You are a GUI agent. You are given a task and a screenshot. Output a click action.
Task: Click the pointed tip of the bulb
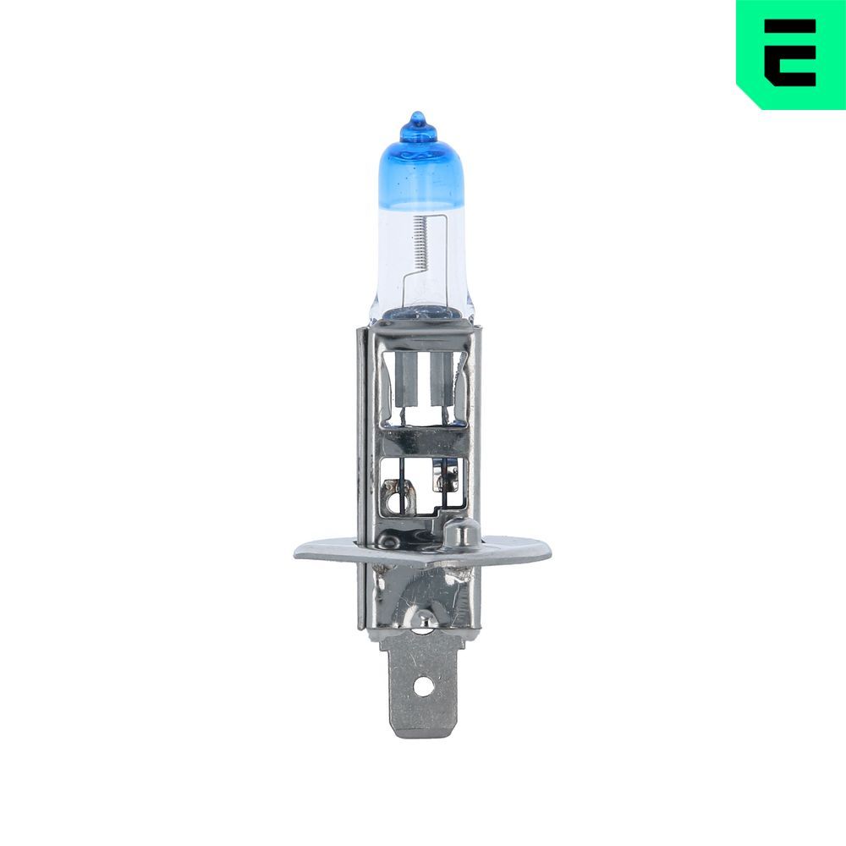(415, 116)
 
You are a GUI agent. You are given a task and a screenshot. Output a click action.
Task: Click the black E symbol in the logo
(790, 53)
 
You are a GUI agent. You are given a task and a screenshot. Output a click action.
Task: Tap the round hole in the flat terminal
(421, 687)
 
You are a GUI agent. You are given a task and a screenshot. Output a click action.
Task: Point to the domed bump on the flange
(460, 533)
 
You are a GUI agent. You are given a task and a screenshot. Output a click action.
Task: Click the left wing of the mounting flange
(326, 552)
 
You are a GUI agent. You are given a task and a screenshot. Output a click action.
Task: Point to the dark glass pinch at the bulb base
(419, 312)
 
